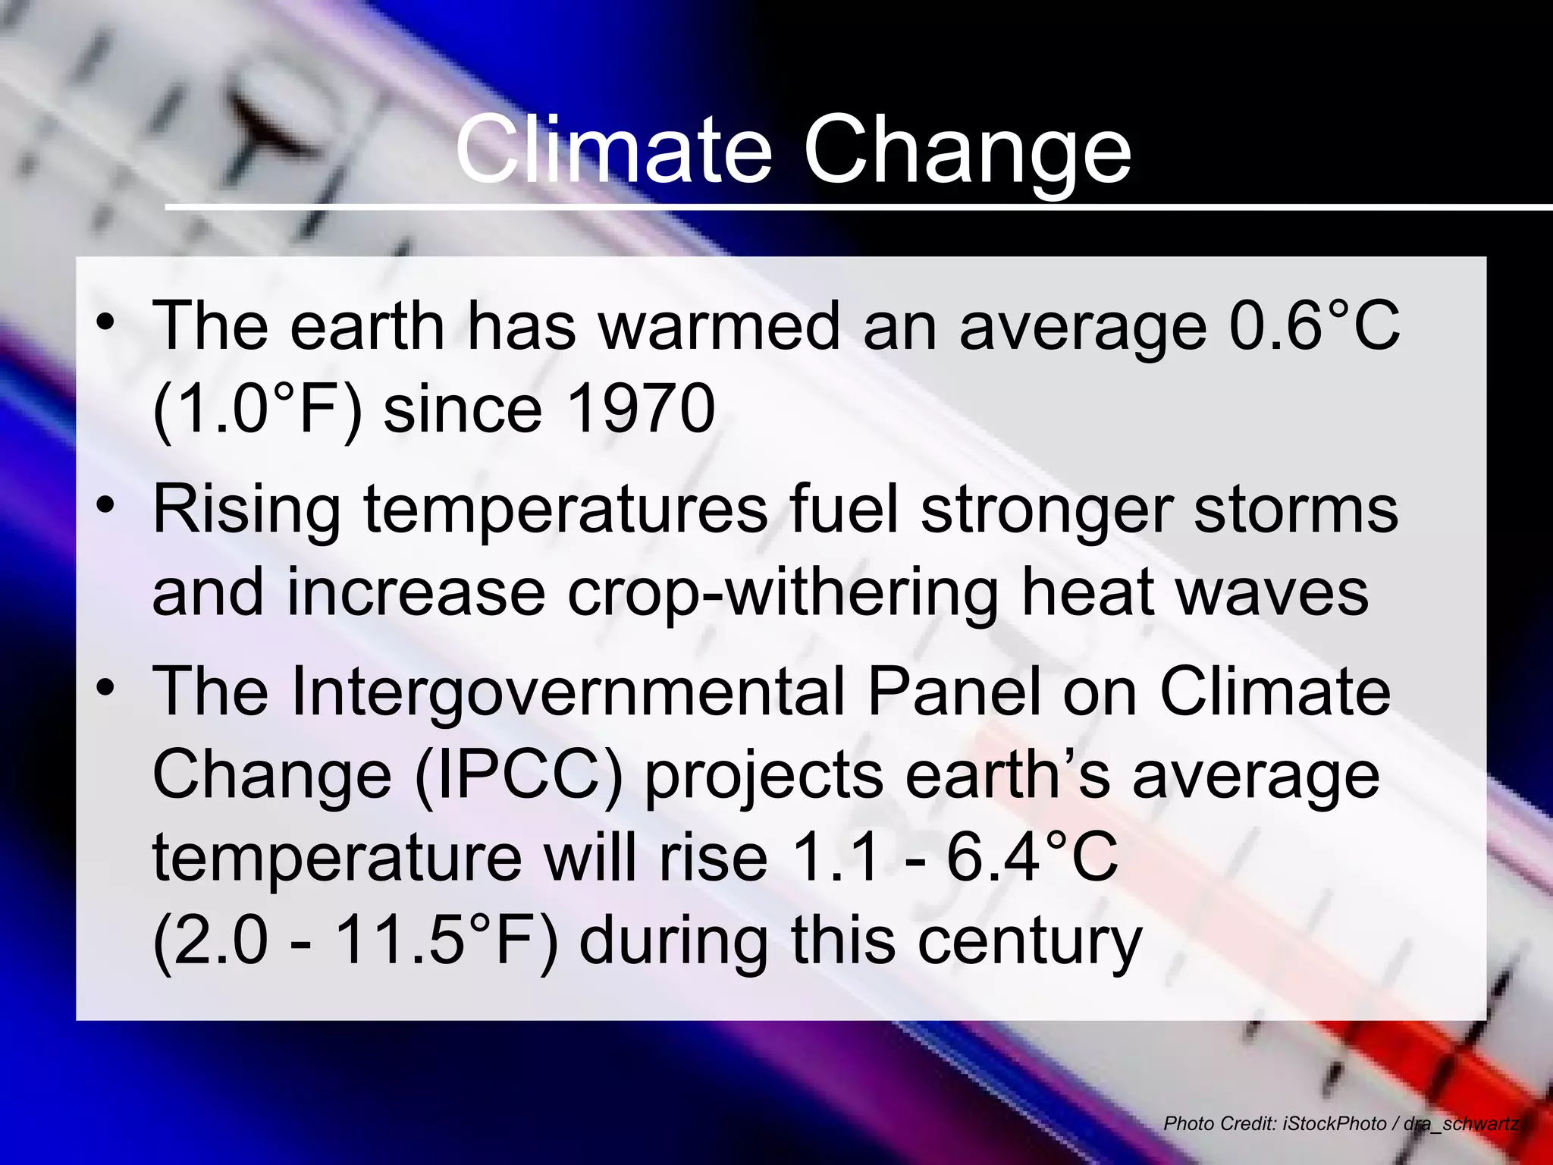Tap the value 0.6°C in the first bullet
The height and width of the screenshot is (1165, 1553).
pyautogui.click(x=1314, y=326)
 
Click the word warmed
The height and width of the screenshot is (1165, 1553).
pyautogui.click(x=719, y=326)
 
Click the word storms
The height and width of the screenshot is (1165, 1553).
pyautogui.click(x=1296, y=510)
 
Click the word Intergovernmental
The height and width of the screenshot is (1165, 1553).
pyautogui.click(x=568, y=692)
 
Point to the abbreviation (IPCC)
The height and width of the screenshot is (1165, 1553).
pyautogui.click(x=519, y=775)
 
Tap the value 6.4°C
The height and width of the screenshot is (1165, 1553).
pyautogui.click(x=1032, y=857)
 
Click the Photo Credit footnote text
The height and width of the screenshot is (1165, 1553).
pyautogui.click(x=1341, y=1123)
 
